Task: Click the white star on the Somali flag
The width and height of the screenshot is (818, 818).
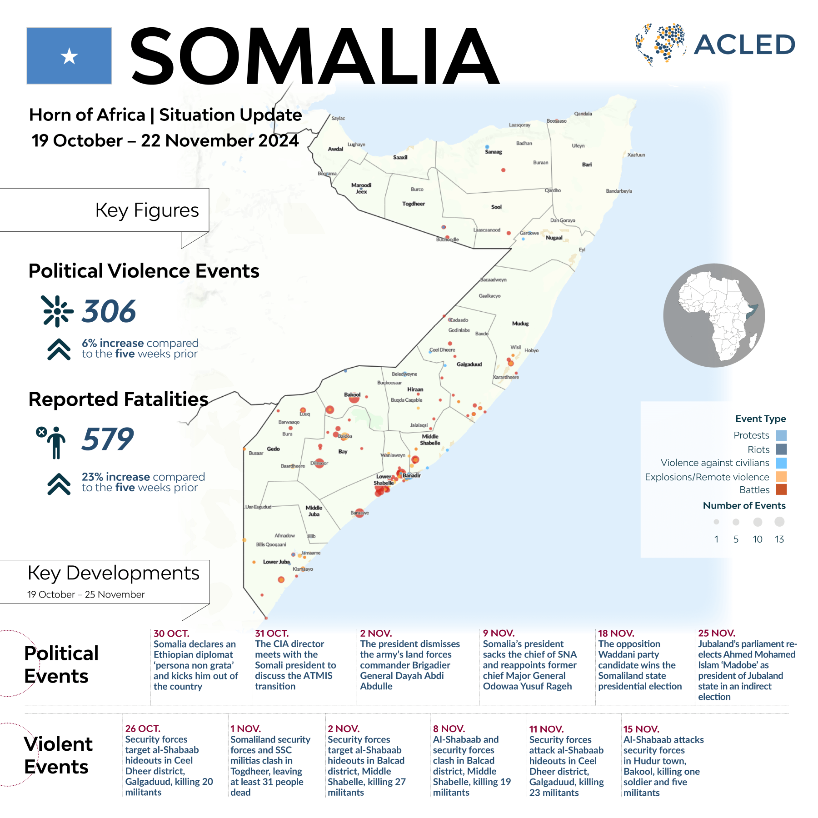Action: click(x=69, y=56)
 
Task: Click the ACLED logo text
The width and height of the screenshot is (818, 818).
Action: click(x=744, y=45)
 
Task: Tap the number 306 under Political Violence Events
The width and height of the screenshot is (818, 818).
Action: click(x=109, y=311)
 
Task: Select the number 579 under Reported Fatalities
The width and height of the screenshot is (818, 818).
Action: click(x=108, y=439)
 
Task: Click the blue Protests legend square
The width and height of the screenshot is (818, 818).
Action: click(x=781, y=435)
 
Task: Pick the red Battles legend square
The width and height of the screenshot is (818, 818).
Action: click(x=781, y=489)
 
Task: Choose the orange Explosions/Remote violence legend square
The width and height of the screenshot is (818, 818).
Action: click(x=781, y=477)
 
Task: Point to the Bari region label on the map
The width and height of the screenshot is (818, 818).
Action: click(x=587, y=165)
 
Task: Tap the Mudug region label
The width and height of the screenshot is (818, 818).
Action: click(x=520, y=324)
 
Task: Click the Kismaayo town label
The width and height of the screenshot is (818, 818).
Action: click(x=303, y=569)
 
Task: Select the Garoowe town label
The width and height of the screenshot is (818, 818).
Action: click(x=529, y=233)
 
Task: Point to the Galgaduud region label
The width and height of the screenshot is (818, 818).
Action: click(x=469, y=364)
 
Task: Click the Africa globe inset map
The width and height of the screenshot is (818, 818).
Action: click(x=714, y=315)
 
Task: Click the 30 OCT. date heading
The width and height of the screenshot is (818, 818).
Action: click(x=171, y=633)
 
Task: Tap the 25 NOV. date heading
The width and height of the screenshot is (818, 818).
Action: click(x=717, y=633)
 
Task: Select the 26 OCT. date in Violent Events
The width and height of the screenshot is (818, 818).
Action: click(x=143, y=728)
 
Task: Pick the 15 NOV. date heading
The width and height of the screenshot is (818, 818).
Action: click(x=641, y=729)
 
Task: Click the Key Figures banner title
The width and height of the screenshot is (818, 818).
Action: click(x=147, y=210)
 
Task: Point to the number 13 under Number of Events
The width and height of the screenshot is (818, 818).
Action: click(x=779, y=539)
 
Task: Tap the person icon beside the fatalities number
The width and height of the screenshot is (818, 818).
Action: click(x=56, y=442)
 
